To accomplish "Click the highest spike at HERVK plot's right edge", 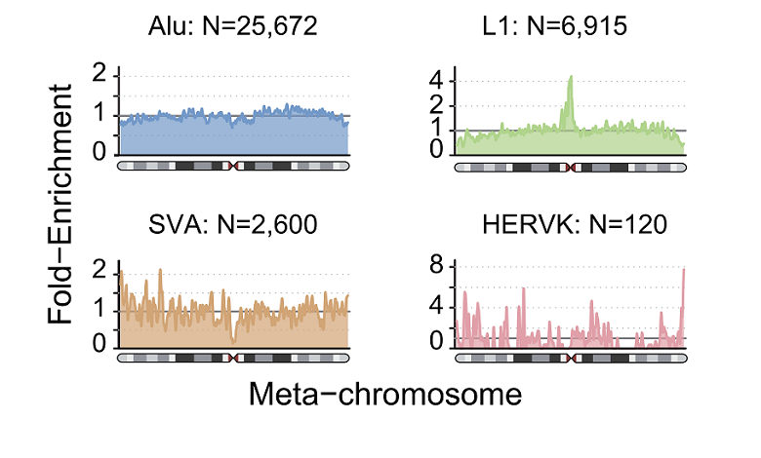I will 685,269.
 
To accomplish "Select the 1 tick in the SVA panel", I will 100,311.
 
